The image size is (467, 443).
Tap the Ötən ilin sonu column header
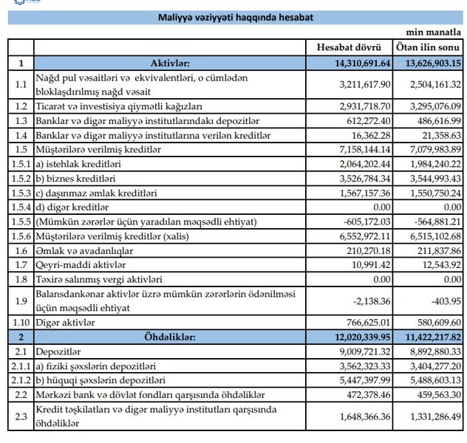coord(423,47)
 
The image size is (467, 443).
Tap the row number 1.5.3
coord(20,191)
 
